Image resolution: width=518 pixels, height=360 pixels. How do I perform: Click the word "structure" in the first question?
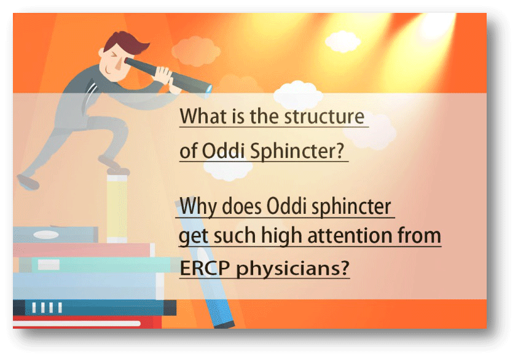324,116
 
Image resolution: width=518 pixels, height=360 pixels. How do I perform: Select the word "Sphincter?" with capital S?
297,151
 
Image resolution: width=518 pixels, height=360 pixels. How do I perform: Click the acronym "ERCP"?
205,268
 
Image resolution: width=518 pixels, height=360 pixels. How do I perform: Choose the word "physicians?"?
292,268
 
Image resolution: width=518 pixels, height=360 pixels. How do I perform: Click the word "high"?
282,236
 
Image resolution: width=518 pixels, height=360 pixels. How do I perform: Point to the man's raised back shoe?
28,182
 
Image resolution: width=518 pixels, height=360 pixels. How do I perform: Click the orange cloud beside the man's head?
196,51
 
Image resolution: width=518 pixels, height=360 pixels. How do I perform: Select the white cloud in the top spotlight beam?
343,42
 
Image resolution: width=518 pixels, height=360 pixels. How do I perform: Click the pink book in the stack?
84,250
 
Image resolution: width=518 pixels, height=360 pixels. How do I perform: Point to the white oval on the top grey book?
46,235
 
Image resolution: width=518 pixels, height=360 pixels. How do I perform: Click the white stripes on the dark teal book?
47,308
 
